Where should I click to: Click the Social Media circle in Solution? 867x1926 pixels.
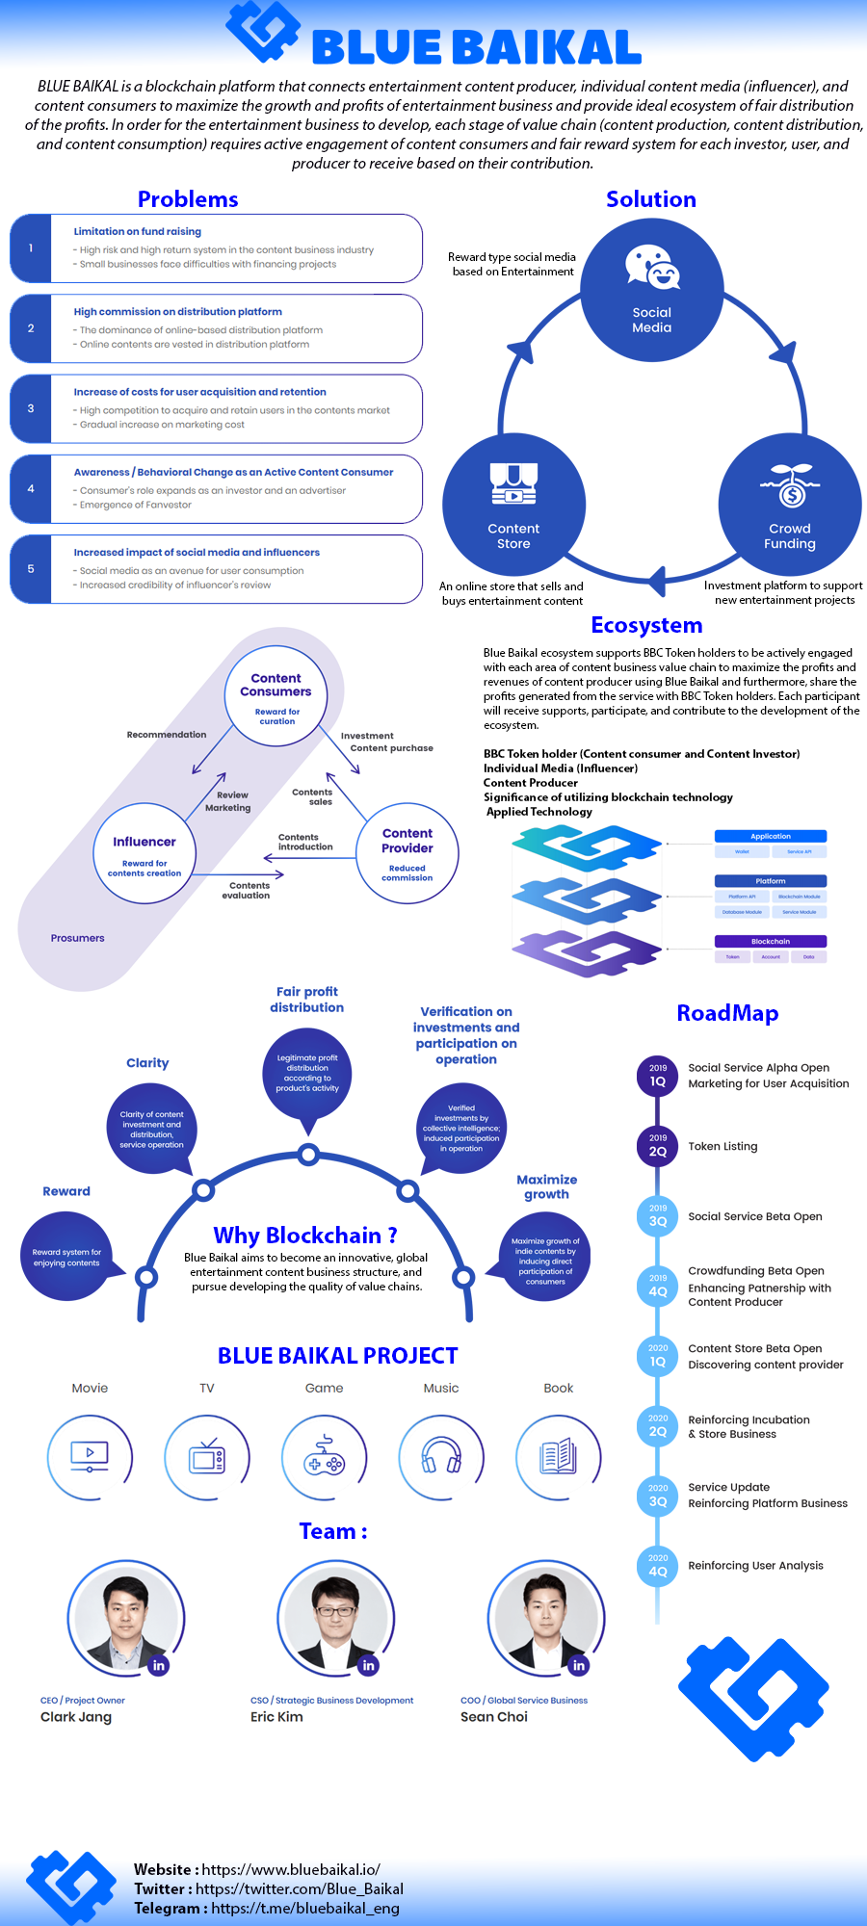click(x=651, y=290)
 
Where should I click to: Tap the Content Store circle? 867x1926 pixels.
click(x=513, y=505)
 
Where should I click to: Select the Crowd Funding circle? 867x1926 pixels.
click(x=789, y=505)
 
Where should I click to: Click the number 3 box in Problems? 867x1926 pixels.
click(x=31, y=408)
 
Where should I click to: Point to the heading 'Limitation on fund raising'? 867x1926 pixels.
click(x=138, y=231)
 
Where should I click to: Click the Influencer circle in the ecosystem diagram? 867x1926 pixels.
click(x=144, y=853)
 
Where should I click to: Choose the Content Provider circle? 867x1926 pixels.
click(x=407, y=853)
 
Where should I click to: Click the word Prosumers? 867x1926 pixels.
click(x=78, y=938)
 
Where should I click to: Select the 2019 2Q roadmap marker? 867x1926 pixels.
click(x=658, y=1145)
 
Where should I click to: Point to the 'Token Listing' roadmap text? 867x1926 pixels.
click(x=722, y=1146)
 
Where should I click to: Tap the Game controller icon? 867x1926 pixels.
click(x=325, y=1458)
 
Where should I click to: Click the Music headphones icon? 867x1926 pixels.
click(x=441, y=1458)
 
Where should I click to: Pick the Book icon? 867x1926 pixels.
click(x=559, y=1458)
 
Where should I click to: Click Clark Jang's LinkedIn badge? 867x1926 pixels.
click(x=159, y=1665)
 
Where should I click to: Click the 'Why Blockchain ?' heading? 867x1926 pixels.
click(x=305, y=1236)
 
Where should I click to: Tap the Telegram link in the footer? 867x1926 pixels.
click(x=304, y=1908)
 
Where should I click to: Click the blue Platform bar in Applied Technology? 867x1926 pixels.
click(x=771, y=881)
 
